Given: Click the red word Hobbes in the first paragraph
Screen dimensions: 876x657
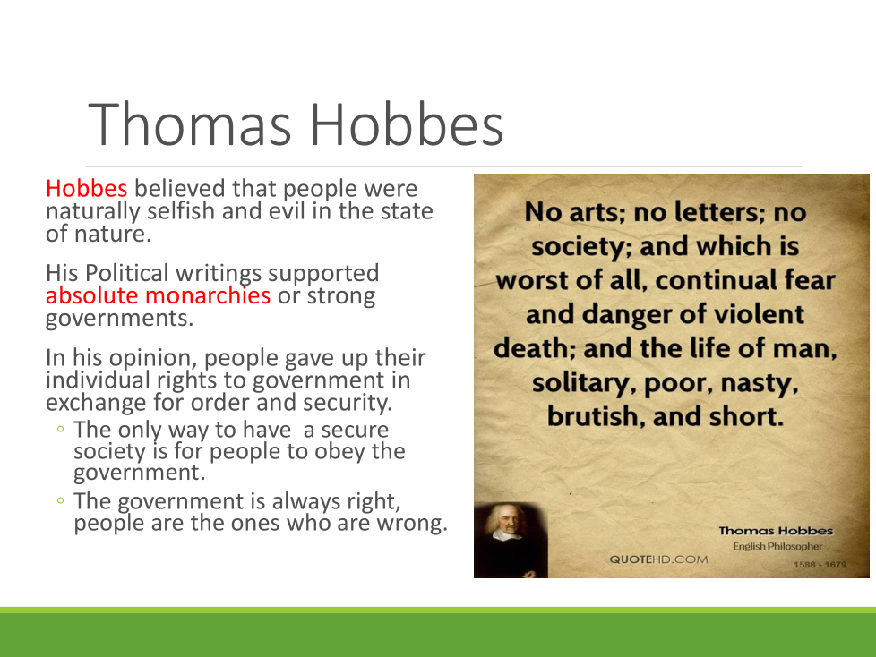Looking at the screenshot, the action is pos(87,189).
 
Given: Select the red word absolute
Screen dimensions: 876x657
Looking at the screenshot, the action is pos(91,295).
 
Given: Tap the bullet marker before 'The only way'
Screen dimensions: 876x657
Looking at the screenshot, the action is pos(60,430).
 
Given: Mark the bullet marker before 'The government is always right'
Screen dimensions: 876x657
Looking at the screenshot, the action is pos(60,500).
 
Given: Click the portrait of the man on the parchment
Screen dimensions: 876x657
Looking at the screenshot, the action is pos(511,540).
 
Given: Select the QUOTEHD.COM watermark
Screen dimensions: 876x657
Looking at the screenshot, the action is pos(658,559).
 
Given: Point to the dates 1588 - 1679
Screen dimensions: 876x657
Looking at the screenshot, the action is pos(820,564).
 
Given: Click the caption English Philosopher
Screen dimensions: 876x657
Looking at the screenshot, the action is pos(777,546).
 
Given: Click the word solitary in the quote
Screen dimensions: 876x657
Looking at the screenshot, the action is pos(584,383).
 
